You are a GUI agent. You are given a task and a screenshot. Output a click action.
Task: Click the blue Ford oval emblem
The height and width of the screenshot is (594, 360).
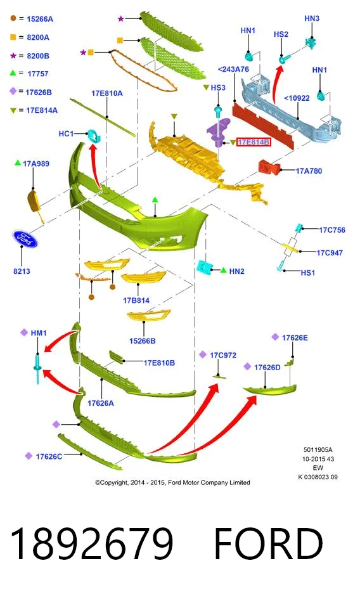[x=25, y=239]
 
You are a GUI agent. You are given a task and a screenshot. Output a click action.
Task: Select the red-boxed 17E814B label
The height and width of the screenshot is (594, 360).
[x=254, y=143]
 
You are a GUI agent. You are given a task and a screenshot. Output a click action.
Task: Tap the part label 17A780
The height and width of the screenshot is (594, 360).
[x=309, y=171]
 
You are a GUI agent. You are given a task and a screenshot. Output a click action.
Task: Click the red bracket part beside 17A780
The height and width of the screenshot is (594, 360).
[x=269, y=167]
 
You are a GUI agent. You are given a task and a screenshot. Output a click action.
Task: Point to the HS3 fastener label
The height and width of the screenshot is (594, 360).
[x=217, y=87]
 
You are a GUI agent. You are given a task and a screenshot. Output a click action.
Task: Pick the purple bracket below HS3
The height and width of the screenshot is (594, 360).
[x=219, y=131]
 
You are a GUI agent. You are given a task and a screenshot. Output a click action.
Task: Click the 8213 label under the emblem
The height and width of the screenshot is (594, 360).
[x=22, y=271]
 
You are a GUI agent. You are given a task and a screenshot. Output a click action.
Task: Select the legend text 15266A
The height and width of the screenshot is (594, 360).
[x=40, y=19]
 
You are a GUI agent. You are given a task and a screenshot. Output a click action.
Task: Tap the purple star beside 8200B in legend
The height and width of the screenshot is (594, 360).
[x=13, y=56]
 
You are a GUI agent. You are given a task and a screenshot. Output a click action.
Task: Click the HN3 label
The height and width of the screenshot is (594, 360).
[x=312, y=18]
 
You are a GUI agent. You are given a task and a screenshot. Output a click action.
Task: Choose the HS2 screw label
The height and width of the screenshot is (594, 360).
[x=281, y=34]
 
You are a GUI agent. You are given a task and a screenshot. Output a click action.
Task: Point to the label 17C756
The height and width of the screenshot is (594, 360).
[x=332, y=230]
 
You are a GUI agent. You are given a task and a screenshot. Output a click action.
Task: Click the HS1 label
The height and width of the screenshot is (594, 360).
[x=308, y=273]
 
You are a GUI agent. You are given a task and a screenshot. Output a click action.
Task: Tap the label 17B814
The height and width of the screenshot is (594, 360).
[x=136, y=300]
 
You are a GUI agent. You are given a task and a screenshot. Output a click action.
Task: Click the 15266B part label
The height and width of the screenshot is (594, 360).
[x=143, y=341]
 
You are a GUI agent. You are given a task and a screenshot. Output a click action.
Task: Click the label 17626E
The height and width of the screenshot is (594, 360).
[x=295, y=337]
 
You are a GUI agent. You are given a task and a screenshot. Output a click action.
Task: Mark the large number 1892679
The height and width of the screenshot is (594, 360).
[x=92, y=543]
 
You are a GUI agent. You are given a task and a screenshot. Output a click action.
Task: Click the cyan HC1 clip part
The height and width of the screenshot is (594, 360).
[x=93, y=135]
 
